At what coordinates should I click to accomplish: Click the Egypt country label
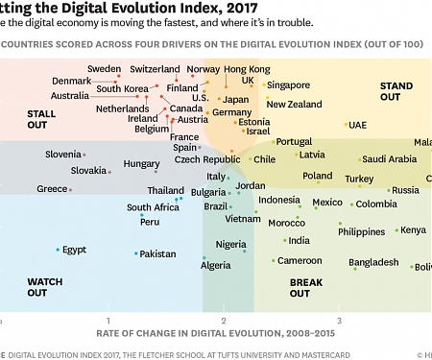point(75,250)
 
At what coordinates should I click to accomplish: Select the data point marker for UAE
point(347,125)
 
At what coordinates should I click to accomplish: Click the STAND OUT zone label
point(396,91)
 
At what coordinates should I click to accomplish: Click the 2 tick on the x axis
point(223,320)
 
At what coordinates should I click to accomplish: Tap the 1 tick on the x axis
point(108,320)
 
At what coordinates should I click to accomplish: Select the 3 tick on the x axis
point(338,320)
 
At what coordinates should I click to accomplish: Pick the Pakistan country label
point(158,254)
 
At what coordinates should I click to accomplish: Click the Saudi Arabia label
point(390,159)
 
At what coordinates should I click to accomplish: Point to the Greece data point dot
point(72,189)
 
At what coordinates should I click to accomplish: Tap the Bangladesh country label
point(373,262)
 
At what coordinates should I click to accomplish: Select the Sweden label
point(104,69)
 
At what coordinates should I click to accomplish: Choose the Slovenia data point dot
point(84,155)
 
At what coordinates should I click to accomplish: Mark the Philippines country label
point(362,231)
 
